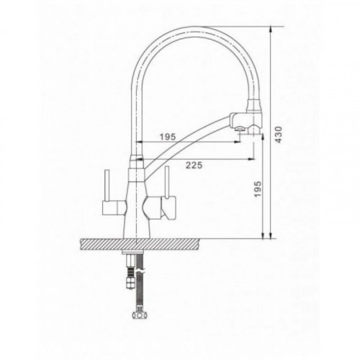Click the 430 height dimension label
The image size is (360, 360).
click(x=278, y=135)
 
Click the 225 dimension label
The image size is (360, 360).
click(x=194, y=165)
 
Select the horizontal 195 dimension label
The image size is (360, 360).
click(x=168, y=137)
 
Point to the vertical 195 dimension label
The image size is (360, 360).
click(x=257, y=189)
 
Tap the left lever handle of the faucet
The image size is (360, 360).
click(x=107, y=186)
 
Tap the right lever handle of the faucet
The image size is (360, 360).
click(x=167, y=181)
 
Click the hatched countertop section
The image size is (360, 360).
click(x=141, y=244)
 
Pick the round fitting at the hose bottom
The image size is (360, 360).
click(x=140, y=315)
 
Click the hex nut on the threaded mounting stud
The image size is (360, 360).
click(x=130, y=284)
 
